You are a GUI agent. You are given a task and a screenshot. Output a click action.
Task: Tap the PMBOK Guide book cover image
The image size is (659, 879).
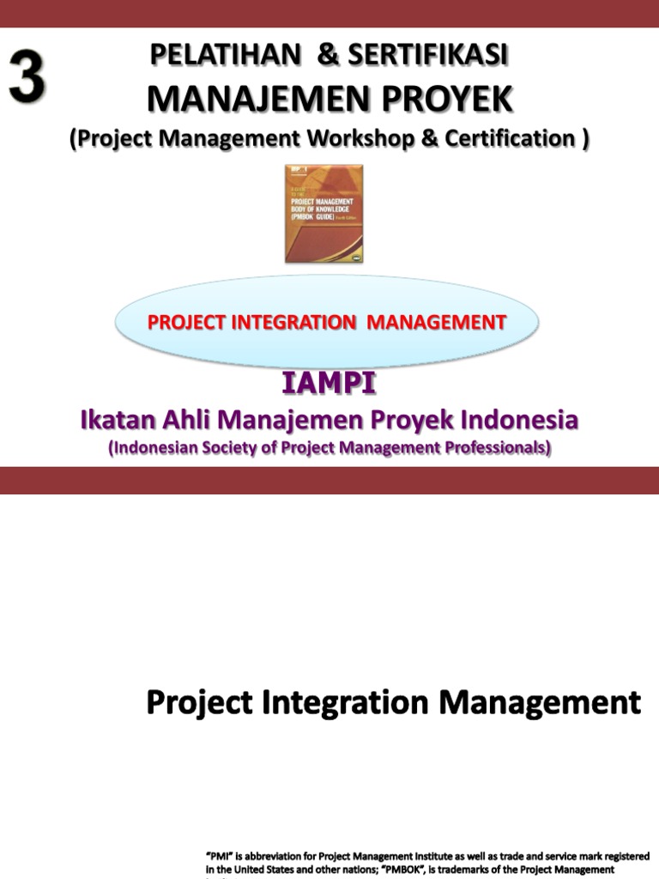[x=323, y=213]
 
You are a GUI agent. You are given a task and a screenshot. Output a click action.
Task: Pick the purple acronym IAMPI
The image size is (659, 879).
[x=329, y=385]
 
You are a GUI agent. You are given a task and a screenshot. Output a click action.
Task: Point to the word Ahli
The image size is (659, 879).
[x=184, y=421]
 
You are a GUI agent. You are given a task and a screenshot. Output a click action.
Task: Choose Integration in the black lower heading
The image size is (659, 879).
[x=342, y=704]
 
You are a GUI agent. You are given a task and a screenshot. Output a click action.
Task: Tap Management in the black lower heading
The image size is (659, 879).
[x=540, y=703]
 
